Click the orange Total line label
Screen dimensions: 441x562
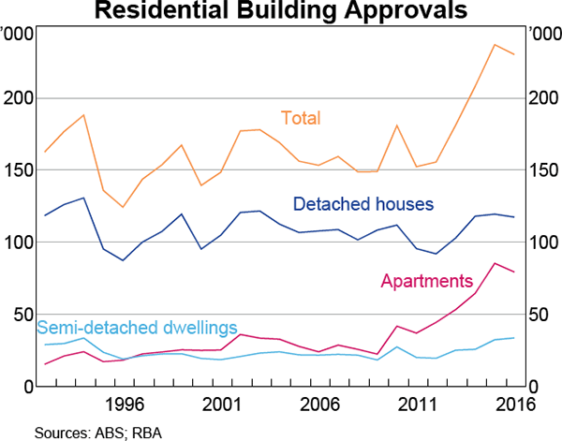pos(301,118)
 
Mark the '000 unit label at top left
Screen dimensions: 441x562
pos(18,34)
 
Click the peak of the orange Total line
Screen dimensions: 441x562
pos(495,44)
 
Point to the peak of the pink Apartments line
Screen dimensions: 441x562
pos(495,263)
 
